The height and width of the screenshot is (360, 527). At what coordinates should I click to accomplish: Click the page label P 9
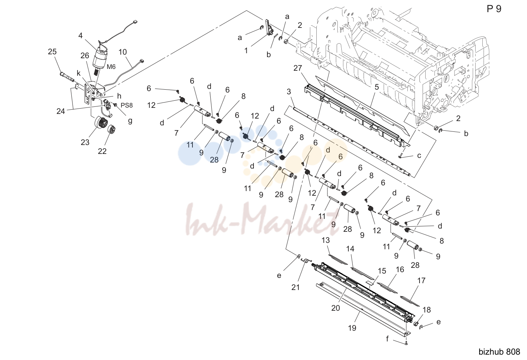[x=494, y=9]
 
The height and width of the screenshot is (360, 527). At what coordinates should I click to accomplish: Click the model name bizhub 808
[x=499, y=352]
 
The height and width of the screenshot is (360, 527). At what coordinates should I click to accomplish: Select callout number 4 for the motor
[x=80, y=35]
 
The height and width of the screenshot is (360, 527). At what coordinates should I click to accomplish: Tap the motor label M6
[x=111, y=67]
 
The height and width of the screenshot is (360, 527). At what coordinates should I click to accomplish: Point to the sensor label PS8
[x=127, y=105]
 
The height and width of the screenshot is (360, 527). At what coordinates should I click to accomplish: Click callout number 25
[x=52, y=51]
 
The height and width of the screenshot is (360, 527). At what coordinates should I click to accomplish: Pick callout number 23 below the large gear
[x=85, y=142]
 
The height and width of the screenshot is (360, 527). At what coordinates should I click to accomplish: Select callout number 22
[x=102, y=151]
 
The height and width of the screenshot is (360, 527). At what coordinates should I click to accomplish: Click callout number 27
[x=298, y=68]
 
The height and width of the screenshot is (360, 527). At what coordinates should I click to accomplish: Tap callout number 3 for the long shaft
[x=289, y=91]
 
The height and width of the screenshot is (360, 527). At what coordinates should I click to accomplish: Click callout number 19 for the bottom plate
[x=352, y=328]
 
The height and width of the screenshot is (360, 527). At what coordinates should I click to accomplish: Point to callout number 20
[x=336, y=308]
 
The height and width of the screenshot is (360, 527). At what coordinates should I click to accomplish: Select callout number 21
[x=296, y=287]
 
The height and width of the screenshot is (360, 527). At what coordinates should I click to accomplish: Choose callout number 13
[x=326, y=240]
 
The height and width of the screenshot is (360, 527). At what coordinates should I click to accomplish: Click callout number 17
[x=421, y=280]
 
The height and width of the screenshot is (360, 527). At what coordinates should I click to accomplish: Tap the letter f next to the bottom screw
[x=387, y=339]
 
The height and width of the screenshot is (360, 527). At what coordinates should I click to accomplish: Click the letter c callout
[x=419, y=155]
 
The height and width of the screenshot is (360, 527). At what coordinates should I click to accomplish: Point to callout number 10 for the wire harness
[x=122, y=52]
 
